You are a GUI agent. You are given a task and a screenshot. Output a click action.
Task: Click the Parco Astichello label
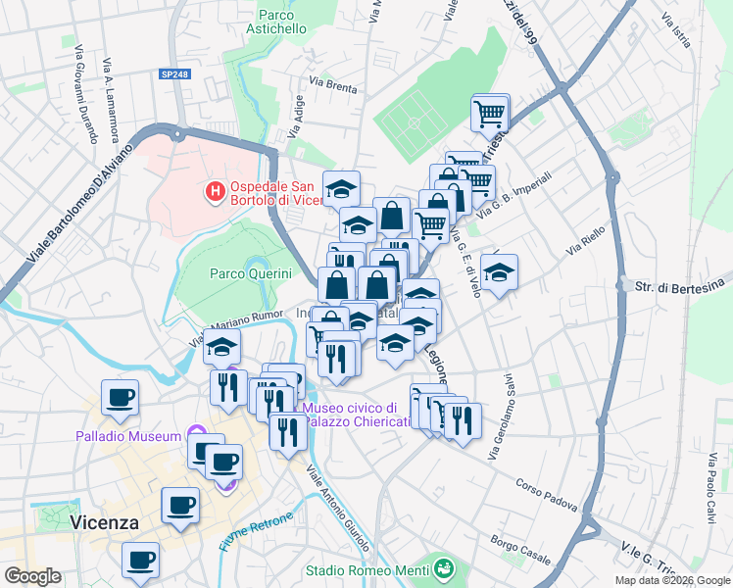tap(282, 22)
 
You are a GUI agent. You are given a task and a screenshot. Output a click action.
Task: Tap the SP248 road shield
tap(174, 74)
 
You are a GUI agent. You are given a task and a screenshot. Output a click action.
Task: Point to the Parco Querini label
tap(251, 273)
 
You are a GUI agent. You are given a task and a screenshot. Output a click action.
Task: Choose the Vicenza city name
tap(104, 522)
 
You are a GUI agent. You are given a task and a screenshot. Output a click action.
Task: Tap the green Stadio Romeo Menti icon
tap(445, 568)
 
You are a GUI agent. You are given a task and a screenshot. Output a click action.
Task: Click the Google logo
tap(33, 575)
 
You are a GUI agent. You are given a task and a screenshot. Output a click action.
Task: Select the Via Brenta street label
tap(332, 85)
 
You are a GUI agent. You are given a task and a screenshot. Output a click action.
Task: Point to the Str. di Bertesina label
tap(682, 287)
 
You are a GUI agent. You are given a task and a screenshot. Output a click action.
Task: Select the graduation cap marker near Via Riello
tap(499, 272)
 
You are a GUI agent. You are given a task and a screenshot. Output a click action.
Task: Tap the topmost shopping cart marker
tap(490, 113)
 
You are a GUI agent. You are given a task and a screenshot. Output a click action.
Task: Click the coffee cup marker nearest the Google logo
tap(140, 561)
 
